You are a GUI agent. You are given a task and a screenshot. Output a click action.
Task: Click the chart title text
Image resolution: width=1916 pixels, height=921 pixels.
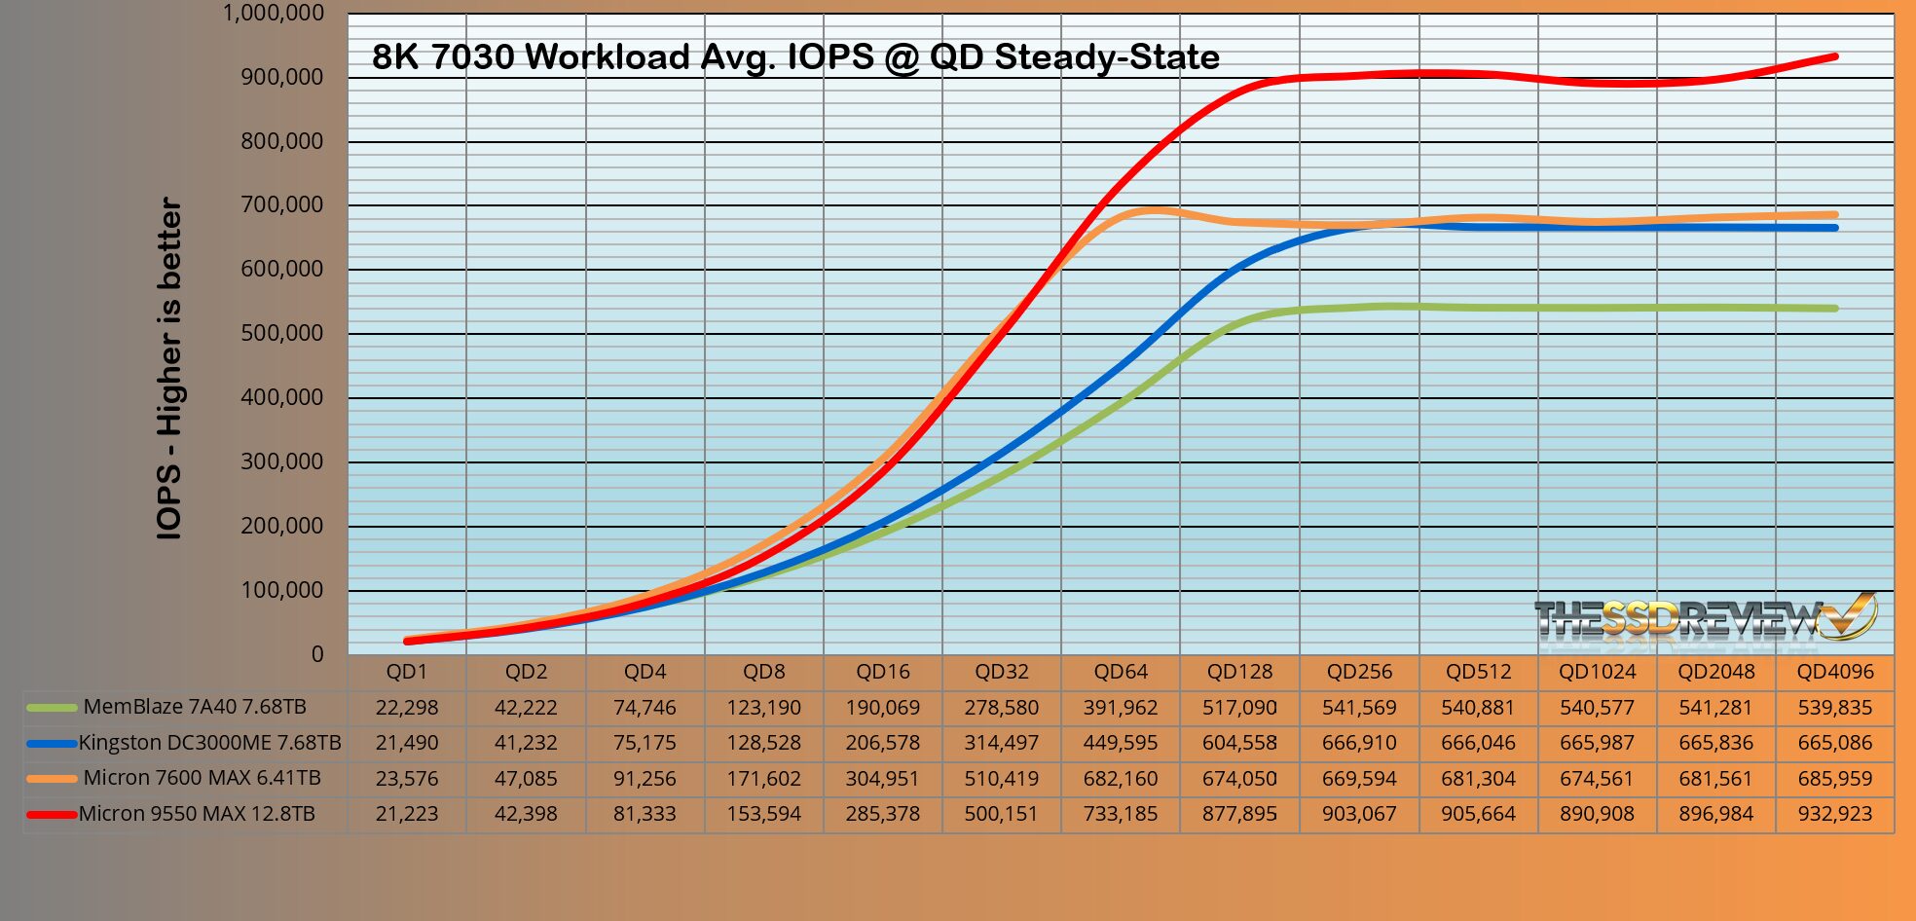click(795, 56)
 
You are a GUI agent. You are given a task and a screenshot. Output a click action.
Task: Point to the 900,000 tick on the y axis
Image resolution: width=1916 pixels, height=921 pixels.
click(282, 77)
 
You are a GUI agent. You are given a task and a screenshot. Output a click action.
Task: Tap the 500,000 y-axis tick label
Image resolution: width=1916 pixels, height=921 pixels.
click(282, 333)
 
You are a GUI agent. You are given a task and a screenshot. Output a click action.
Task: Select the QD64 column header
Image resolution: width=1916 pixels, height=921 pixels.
click(1121, 672)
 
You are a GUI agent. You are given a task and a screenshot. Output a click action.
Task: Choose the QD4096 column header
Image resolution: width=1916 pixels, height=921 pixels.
click(1834, 672)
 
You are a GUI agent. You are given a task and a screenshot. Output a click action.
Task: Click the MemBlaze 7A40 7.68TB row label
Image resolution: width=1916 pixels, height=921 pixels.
click(195, 707)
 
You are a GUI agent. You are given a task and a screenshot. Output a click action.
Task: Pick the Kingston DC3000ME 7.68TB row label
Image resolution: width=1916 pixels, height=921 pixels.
click(209, 743)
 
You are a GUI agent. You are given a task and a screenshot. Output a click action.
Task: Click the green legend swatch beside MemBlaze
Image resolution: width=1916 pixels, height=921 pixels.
click(52, 708)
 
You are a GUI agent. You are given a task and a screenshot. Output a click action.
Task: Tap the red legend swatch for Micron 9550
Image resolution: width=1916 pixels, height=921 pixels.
click(52, 814)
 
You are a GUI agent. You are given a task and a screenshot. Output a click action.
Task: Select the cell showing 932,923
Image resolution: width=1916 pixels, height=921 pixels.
click(1834, 814)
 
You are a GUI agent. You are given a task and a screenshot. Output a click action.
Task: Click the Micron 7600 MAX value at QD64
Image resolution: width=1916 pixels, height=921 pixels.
click(1121, 779)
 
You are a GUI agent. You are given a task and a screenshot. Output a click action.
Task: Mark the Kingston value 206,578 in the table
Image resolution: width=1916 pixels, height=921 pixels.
click(883, 743)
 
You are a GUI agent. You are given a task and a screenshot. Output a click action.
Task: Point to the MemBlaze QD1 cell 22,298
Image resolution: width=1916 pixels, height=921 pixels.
click(407, 708)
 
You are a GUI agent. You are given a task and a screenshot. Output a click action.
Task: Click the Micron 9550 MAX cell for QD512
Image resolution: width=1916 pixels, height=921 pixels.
click(1478, 814)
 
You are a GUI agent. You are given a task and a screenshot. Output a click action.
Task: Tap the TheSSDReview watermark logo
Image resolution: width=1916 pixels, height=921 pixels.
click(1704, 617)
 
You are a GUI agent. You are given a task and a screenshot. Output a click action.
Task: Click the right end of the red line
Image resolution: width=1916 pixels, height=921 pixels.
click(1834, 56)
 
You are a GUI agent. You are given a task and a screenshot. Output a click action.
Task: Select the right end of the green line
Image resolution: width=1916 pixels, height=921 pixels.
click(1834, 309)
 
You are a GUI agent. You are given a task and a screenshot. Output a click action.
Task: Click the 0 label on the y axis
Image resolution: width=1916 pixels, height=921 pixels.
click(317, 654)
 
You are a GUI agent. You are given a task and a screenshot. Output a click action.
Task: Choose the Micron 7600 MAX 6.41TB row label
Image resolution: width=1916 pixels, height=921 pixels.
click(202, 778)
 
